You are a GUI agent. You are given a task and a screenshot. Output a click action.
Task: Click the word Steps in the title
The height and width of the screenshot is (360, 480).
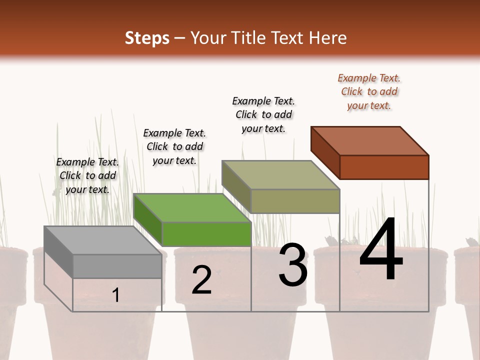147,38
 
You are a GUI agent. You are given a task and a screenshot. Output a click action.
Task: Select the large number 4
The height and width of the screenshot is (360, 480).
381,250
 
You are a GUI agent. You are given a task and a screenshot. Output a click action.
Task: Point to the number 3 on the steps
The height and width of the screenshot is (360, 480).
292,265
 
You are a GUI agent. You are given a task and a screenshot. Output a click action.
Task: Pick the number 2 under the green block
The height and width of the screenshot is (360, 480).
201,280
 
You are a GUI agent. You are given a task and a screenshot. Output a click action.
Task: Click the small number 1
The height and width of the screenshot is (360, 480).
115,295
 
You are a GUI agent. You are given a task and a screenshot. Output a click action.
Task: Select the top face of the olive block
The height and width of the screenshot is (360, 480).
280,175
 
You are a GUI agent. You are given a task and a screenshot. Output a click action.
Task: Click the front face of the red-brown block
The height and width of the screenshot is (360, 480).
384,167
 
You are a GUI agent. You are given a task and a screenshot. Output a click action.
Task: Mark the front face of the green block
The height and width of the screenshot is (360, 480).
206,234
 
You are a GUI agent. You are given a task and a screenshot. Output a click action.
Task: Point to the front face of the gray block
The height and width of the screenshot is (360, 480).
117,266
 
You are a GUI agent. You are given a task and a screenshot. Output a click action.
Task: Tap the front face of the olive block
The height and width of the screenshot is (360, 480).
295,201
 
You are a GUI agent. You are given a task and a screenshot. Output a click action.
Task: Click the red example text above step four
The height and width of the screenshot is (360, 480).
369,91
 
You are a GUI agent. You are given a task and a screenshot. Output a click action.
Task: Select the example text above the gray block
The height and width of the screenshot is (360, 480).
87,175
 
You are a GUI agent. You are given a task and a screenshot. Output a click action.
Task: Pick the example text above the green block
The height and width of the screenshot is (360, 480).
174,146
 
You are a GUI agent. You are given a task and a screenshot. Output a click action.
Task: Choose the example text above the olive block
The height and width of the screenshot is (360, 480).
263,114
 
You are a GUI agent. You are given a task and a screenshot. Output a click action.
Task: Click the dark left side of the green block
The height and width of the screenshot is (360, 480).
148,220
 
